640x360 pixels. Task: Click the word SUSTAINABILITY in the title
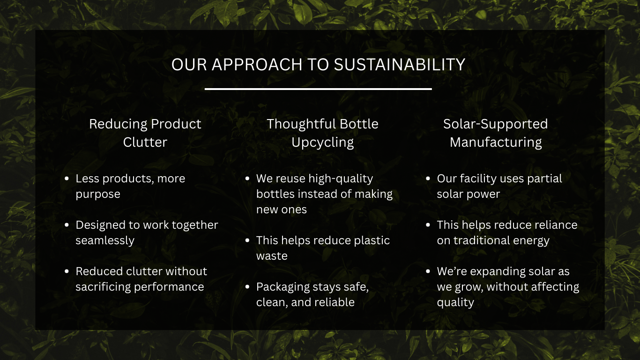(400, 64)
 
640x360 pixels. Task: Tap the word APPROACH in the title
(257, 64)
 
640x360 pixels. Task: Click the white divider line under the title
(318, 89)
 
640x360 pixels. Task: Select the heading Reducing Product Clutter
(145, 133)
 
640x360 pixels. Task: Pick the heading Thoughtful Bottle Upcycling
(322, 133)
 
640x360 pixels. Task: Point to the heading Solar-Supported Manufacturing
(495, 133)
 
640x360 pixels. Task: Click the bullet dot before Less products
(67, 179)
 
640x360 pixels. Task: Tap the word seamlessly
(105, 240)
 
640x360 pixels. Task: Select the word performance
(168, 287)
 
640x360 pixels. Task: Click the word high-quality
(341, 179)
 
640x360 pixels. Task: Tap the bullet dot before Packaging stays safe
(247, 287)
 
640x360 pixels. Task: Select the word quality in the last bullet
(455, 302)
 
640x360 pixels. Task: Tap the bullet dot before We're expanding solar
(428, 271)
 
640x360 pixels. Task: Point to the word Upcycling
(322, 142)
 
